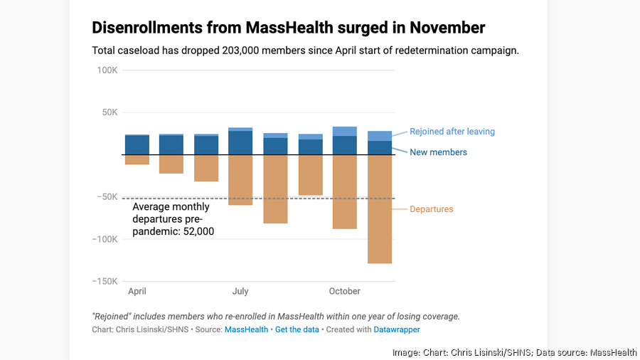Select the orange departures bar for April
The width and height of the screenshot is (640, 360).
137,159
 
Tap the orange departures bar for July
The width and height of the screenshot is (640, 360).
240,179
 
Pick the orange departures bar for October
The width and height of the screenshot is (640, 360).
345,191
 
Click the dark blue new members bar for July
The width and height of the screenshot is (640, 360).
240,142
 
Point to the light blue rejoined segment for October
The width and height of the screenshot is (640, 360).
345,131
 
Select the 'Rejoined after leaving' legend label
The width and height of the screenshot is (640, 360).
452,132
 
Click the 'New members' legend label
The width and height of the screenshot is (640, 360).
438,152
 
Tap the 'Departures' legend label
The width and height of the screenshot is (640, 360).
431,209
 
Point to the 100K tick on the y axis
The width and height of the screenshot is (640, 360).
107,70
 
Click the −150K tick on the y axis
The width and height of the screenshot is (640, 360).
105,281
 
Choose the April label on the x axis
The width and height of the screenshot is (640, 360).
137,291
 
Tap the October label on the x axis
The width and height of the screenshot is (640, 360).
344,291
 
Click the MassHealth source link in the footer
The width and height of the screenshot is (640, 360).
246,329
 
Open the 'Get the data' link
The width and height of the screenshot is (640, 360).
297,329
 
